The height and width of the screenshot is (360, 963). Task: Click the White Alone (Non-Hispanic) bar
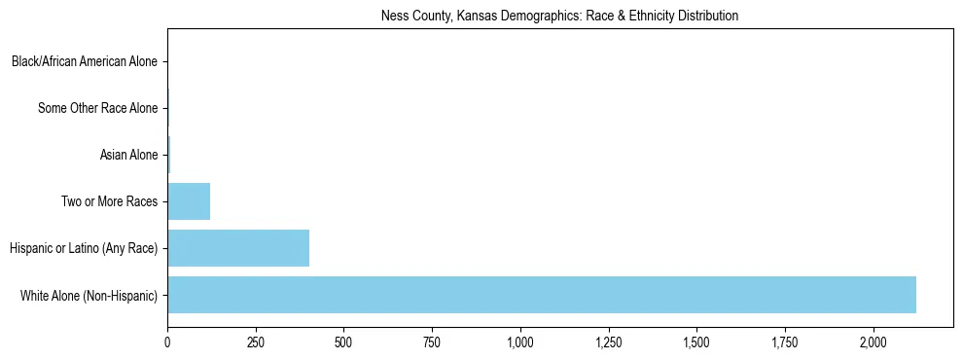(542, 295)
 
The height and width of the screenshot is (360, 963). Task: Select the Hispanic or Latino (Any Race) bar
(238, 248)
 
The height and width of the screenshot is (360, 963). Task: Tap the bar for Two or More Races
(189, 201)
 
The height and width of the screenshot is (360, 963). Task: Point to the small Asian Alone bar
(169, 155)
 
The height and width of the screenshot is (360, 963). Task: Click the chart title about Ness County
(559, 16)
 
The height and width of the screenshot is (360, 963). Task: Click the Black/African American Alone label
(85, 62)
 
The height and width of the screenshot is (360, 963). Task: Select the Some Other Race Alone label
(97, 108)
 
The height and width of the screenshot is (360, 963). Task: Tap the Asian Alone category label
(128, 155)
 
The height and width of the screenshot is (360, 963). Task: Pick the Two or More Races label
(109, 201)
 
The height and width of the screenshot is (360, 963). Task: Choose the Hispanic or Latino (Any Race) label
(84, 248)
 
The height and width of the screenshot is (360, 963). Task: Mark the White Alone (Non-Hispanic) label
(89, 295)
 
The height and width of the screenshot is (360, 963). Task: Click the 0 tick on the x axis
(167, 342)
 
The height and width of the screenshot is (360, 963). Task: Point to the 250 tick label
(256, 342)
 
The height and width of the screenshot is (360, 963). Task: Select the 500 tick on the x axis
(343, 342)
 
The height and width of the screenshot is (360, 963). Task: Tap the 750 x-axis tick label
(432, 342)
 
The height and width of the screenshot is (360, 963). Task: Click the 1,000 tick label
(520, 342)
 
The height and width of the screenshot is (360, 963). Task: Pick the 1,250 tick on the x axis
(608, 342)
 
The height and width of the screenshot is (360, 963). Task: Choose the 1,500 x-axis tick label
(696, 342)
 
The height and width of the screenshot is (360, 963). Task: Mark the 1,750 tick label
(785, 342)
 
